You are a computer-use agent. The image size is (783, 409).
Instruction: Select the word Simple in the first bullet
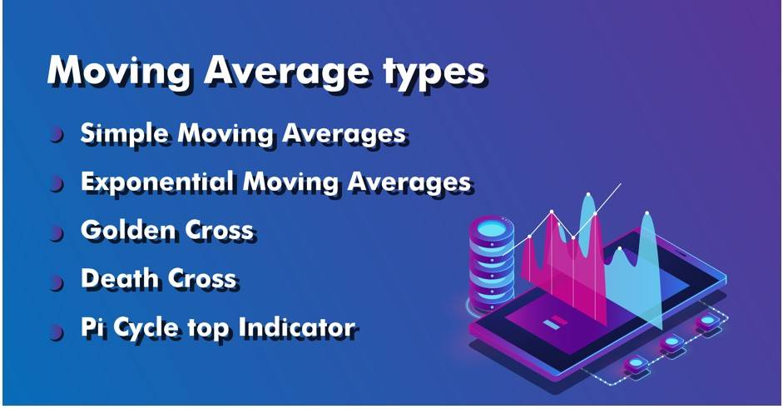click(125, 135)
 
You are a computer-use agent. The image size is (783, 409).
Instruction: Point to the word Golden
click(129, 231)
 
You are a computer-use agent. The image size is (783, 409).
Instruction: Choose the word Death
click(121, 278)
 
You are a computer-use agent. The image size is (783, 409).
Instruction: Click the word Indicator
click(296, 328)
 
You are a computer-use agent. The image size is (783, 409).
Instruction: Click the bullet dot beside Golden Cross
click(57, 232)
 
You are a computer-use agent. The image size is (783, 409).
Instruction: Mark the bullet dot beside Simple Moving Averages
click(57, 135)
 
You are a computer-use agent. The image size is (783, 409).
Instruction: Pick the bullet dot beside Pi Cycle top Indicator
click(57, 332)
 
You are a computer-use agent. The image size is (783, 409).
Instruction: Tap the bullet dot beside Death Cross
click(57, 282)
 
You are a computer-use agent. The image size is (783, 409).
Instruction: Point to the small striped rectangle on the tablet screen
click(555, 323)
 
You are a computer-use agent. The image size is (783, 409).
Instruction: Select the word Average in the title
click(287, 73)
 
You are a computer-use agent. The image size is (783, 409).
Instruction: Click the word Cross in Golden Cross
click(219, 231)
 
